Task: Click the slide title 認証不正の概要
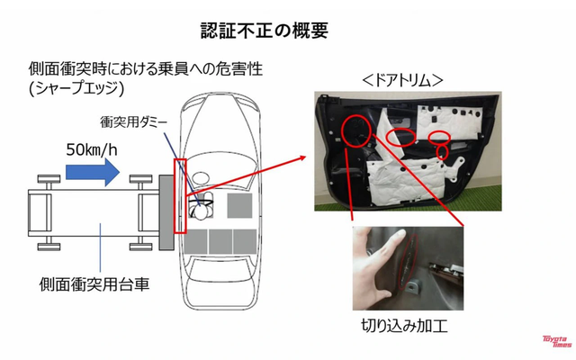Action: click(x=264, y=30)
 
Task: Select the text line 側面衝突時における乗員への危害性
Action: click(x=145, y=69)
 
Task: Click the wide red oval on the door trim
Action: click(x=400, y=137)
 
